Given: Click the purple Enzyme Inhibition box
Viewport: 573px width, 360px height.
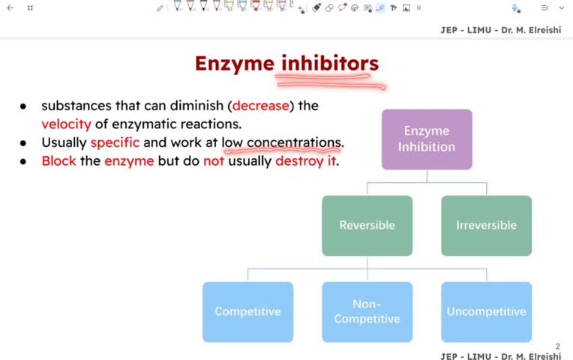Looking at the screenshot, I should [x=427, y=139].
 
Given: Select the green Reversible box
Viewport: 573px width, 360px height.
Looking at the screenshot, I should [x=367, y=225].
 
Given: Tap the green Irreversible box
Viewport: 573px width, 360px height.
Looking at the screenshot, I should [x=486, y=225].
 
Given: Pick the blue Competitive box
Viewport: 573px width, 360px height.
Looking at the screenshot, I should [x=247, y=311].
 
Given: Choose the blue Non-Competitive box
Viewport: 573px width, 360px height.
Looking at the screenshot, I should [x=367, y=311].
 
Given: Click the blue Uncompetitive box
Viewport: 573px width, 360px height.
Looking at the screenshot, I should [x=486, y=311].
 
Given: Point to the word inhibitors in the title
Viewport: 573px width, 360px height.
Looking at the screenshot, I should [x=330, y=64].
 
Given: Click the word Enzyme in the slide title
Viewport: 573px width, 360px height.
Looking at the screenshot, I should [x=235, y=64].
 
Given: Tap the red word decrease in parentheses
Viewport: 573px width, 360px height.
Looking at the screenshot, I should [x=260, y=106].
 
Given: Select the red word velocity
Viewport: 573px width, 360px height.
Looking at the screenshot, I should [x=66, y=124].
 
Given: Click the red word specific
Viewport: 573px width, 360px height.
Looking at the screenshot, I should [x=115, y=142].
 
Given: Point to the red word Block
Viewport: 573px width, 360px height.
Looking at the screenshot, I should [x=58, y=160].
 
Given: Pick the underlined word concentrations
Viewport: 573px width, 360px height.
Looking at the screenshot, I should [x=294, y=142].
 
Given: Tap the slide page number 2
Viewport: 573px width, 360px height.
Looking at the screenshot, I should [x=558, y=346].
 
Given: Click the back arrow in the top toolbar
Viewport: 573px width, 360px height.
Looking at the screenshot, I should [x=10, y=7].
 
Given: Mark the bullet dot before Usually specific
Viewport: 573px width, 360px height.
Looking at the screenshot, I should [x=25, y=142].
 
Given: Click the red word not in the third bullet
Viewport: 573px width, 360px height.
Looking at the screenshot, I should [x=214, y=160].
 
